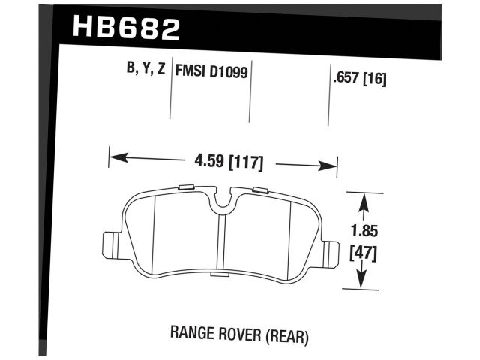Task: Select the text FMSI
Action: coord(190,70)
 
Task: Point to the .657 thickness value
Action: coord(344,76)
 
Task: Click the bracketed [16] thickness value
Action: coord(374,76)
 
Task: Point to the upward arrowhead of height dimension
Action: coord(364,199)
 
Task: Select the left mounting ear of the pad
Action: coord(109,244)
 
